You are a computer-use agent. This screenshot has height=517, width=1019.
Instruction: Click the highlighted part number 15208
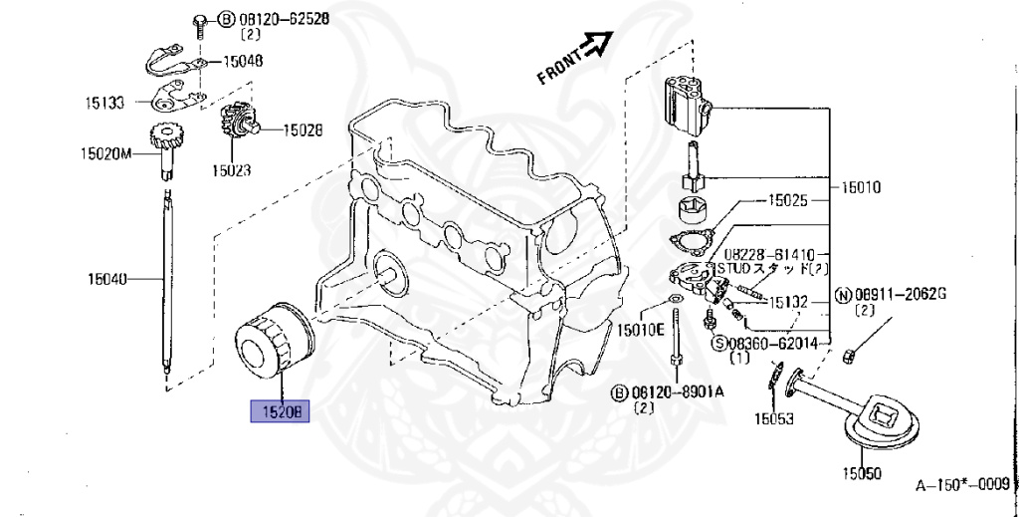280,409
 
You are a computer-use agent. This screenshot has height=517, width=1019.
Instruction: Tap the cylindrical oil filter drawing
275,343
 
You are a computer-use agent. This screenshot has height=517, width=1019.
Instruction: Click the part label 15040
105,280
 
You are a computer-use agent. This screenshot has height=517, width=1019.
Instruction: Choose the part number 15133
104,103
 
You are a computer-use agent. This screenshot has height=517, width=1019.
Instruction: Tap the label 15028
303,129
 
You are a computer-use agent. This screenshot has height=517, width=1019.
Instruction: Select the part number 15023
231,170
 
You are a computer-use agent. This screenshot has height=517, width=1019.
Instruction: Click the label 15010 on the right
861,186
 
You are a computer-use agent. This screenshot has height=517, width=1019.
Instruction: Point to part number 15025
788,201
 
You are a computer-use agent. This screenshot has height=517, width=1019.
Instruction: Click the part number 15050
862,472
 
